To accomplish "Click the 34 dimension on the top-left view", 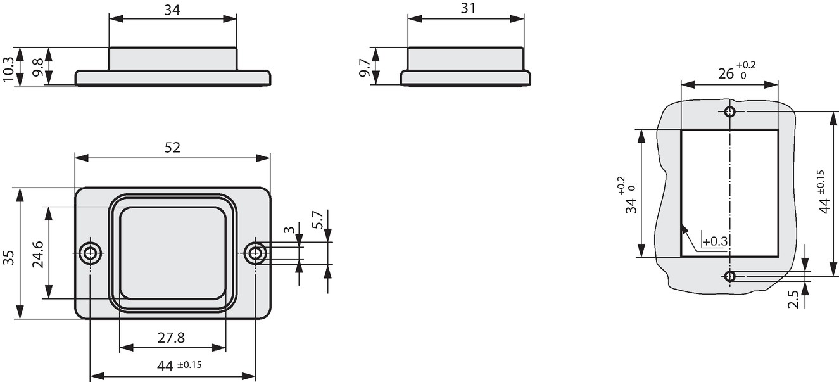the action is point(172,10).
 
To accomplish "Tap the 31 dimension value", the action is point(468,8).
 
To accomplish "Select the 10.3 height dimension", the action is point(8,69).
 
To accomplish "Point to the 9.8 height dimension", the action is point(37,68).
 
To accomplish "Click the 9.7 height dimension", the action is point(365,68).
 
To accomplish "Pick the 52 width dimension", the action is point(172,148).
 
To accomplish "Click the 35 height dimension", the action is point(8,258).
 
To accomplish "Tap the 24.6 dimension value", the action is point(38,255).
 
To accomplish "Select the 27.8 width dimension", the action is point(171,338).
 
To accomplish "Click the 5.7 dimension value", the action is point(317,220).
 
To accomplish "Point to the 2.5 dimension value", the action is point(793,299).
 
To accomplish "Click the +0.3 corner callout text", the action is point(715,241).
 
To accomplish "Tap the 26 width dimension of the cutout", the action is point(726,74).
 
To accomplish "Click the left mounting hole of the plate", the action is point(90,253).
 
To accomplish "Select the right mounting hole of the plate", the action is point(255,253).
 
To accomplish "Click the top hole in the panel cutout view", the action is point(729,111).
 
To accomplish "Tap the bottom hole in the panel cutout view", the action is point(729,277).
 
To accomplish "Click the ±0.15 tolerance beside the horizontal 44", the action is point(189,365).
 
